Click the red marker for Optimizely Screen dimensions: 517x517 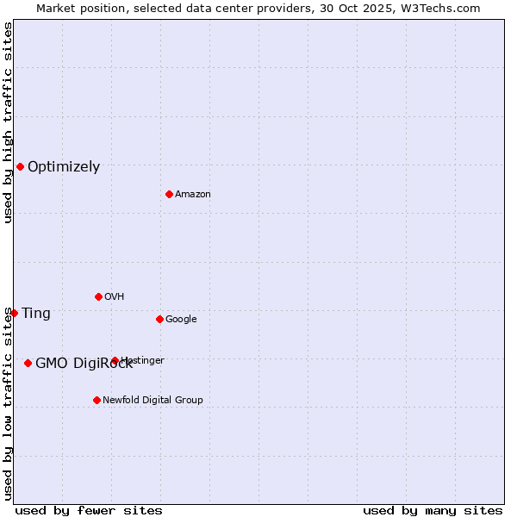(20, 166)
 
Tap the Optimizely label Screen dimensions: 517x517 (64, 167)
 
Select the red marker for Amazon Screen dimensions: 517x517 (169, 194)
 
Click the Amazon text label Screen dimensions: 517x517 (193, 195)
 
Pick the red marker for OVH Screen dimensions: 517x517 (98, 296)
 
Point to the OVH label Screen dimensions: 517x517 (115, 297)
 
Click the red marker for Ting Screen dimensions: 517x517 (14, 313)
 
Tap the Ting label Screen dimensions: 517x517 (36, 314)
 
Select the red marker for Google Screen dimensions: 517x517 (159, 319)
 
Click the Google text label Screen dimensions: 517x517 (181, 320)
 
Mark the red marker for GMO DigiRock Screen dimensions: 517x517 (28, 363)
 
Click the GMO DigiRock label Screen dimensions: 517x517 (84, 364)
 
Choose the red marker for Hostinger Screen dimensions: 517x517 (115, 360)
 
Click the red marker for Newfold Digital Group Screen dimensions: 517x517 (97, 400)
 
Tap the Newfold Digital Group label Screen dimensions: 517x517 (153, 401)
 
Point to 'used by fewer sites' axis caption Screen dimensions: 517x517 (89, 510)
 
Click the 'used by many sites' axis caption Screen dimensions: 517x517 (433, 510)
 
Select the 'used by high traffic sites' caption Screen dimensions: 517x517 (8, 122)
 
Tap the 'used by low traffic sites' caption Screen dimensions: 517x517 (8, 403)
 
